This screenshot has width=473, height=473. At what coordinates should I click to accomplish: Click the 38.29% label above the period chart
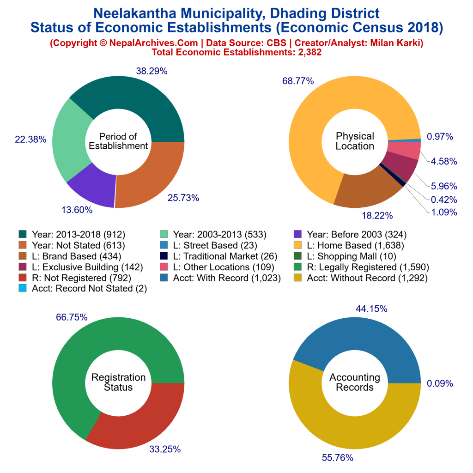152,71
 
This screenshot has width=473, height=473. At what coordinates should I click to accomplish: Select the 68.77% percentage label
298,81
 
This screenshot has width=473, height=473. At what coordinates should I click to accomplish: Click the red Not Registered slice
139,420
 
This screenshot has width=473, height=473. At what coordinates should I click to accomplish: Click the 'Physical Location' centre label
355,141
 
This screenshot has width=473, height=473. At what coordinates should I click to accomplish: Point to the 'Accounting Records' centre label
355,382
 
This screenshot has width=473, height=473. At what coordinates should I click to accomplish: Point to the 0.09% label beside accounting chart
440,383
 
